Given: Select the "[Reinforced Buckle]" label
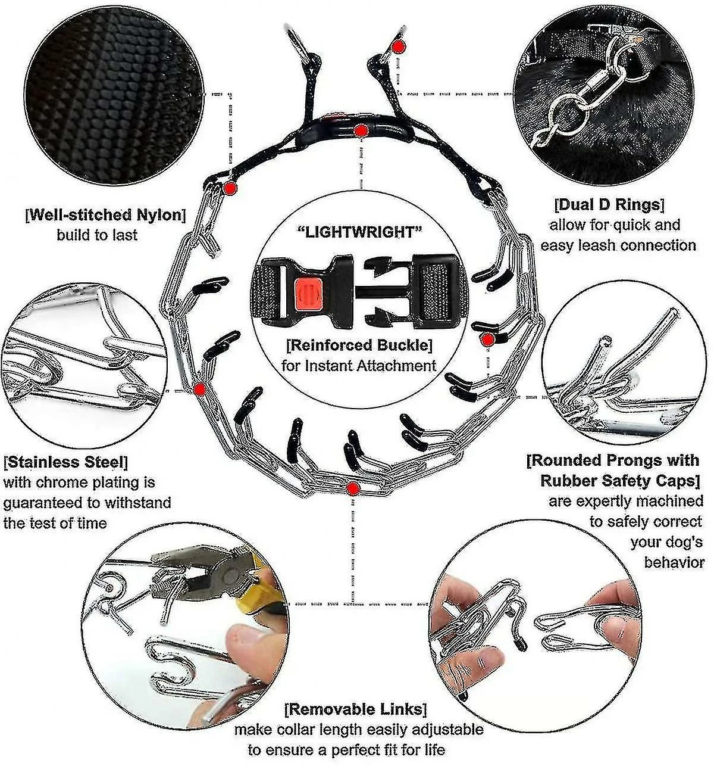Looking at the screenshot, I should tap(359, 345).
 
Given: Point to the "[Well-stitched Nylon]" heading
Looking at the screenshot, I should tap(105, 214).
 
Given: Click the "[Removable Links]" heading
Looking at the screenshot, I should tap(356, 709).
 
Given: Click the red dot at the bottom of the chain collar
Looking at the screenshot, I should tap(353, 489).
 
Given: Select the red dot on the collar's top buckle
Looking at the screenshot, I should tap(360, 130).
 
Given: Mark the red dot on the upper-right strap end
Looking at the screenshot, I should tap(399, 46).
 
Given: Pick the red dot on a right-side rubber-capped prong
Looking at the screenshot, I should tap(487, 340).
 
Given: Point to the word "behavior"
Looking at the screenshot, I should tap(674, 562).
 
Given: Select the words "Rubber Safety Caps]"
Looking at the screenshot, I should tap(619, 481).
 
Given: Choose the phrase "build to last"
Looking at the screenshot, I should tap(97, 235).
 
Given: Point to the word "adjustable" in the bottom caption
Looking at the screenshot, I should tap(445, 729).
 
